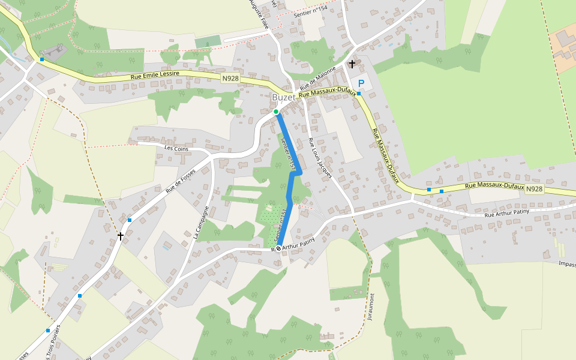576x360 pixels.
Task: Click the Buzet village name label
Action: coord(283,97)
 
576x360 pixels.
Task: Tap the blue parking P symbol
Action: coord(361,83)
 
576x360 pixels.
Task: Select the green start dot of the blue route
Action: coord(276,112)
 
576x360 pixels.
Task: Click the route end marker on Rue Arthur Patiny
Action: coord(278,248)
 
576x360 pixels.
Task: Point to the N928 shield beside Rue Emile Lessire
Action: coord(230,79)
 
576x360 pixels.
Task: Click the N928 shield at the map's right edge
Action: coord(535,188)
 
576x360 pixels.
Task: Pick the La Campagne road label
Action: coord(201,223)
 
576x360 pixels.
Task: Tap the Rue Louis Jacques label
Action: coord(320,158)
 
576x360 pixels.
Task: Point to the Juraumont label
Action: coord(372,307)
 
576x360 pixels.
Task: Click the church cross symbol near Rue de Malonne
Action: coord(352,63)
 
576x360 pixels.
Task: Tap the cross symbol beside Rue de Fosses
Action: coord(121,236)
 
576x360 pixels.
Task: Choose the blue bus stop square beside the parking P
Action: coord(359,94)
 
